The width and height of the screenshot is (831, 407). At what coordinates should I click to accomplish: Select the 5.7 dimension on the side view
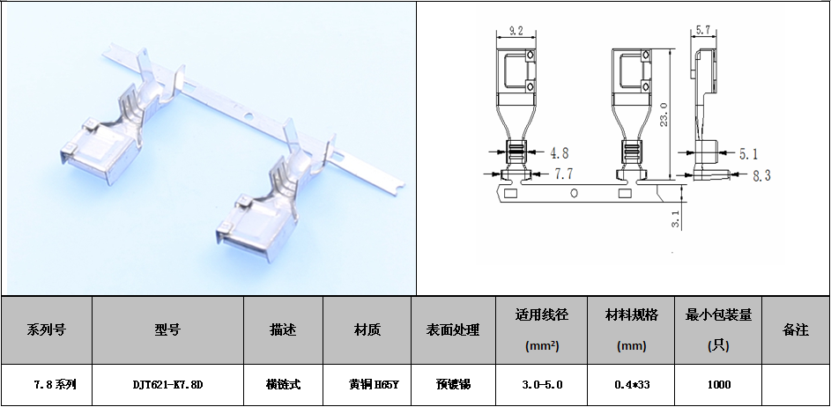[702, 31]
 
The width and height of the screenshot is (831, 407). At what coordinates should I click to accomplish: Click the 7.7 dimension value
[563, 175]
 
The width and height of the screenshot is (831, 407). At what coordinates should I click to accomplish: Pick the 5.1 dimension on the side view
[748, 154]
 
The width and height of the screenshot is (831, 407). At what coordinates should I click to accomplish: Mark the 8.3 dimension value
[761, 176]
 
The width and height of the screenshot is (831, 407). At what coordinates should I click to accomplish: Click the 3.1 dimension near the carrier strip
[675, 218]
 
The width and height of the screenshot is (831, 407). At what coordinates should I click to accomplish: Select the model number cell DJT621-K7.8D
[167, 385]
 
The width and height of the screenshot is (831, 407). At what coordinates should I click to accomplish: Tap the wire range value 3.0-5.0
[542, 385]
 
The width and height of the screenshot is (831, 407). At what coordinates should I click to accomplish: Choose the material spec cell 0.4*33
[630, 385]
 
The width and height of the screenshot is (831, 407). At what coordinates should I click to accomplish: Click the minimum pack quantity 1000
[717, 385]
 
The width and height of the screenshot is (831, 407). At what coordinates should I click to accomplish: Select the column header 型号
[167, 330]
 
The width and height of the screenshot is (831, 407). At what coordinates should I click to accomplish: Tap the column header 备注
[795, 330]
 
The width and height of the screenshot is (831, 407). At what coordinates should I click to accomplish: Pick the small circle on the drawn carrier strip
[574, 192]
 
